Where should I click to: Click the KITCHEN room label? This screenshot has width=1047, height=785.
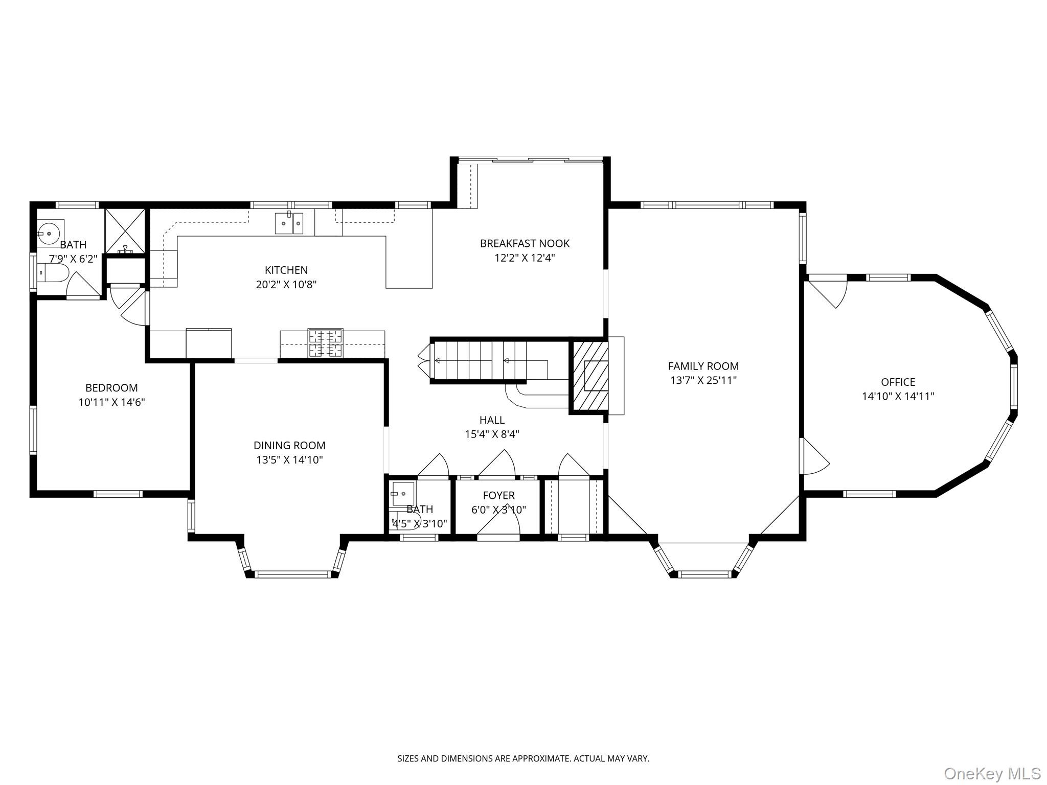[x=286, y=270]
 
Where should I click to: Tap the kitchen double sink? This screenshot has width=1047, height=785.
[x=289, y=223]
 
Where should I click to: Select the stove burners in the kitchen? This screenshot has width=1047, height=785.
[x=325, y=343]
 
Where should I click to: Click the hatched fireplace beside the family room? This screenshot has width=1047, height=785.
[x=589, y=376]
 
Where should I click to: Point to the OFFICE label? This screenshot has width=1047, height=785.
[x=898, y=382]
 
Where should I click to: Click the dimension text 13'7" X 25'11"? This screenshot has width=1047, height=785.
[x=703, y=380]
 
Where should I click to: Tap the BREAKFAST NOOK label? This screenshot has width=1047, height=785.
[x=525, y=243]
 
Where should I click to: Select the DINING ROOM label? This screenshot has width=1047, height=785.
[x=289, y=445]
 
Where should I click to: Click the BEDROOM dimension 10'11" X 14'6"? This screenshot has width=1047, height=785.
[x=111, y=402]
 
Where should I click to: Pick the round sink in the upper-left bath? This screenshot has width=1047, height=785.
[x=50, y=233]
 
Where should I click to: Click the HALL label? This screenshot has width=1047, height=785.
[x=492, y=420]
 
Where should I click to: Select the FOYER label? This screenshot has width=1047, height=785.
[x=498, y=495]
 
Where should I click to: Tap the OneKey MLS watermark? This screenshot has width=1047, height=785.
[x=992, y=773]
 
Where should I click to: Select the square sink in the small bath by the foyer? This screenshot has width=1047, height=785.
[x=403, y=494]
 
